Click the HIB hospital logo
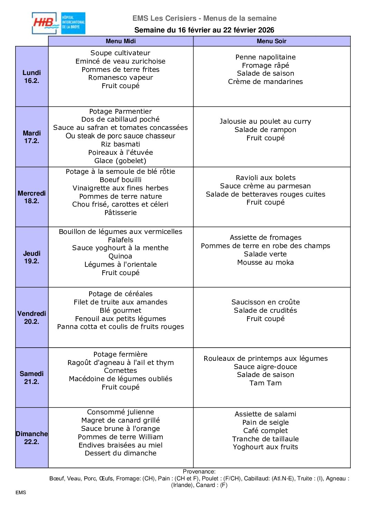[58, 23]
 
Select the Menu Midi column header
[121, 41]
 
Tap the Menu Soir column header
[271, 41]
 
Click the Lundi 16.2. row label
[32, 76]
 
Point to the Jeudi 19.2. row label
[32, 257]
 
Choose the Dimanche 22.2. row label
[32, 438]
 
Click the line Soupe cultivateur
[120, 53]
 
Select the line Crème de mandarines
[265, 82]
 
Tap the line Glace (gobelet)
[120, 161]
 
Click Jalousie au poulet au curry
[265, 121]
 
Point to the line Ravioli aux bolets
[265, 178]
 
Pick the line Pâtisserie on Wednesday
[120, 213]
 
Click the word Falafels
[120, 240]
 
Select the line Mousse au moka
[265, 262]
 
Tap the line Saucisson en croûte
[265, 302]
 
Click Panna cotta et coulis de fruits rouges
[120, 327]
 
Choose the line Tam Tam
[265, 383]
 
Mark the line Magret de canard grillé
[120, 420]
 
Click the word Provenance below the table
[199, 471]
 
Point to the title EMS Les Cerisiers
[164, 18]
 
